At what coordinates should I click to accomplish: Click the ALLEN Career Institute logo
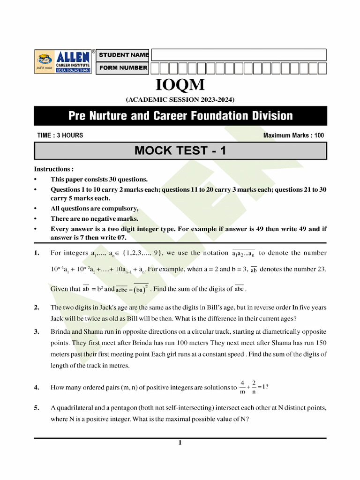coord(64,61)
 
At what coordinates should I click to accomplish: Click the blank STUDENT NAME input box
coord(238,55)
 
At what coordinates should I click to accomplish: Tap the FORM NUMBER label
coord(123,68)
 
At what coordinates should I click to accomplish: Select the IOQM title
coord(180,86)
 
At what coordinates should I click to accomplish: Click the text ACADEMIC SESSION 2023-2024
coord(180,99)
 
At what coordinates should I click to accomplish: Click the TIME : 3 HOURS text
coord(60,135)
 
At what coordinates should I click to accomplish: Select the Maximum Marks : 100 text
coord(293,135)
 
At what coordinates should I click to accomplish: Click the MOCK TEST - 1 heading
coord(180,151)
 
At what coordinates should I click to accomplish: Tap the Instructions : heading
coord(54,169)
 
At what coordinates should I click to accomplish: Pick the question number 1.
coord(37,254)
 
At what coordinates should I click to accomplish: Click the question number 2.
coord(37,308)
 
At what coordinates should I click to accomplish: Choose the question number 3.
coord(37,332)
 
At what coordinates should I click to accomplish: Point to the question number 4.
coord(37,388)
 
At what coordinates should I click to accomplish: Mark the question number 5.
coord(37,408)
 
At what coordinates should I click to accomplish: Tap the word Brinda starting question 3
coord(60,332)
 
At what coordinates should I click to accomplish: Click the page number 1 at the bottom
coord(180,443)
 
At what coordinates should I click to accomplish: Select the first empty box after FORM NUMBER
coord(156,68)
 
